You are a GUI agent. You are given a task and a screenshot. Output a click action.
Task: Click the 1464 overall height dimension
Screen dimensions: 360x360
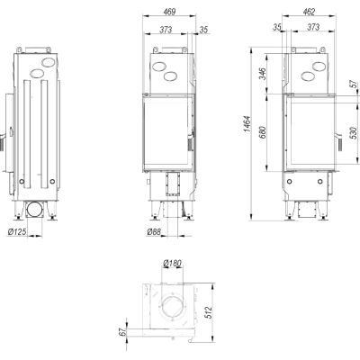click(247, 124)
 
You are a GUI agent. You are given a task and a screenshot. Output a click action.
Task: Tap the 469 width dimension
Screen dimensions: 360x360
click(169, 12)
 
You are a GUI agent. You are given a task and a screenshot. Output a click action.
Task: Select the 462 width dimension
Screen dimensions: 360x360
click(309, 12)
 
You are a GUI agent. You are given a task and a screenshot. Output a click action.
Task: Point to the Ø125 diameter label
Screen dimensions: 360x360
click(17, 231)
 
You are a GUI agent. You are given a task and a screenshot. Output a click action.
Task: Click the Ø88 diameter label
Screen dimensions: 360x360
click(154, 231)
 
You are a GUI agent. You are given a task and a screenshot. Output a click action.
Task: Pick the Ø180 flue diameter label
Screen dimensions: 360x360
click(172, 264)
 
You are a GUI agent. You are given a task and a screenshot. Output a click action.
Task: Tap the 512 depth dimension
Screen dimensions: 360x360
click(209, 312)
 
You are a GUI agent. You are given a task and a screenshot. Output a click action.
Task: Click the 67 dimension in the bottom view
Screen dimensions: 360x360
click(122, 332)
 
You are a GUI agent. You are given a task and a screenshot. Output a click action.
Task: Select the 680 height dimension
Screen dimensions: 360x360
click(262, 132)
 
